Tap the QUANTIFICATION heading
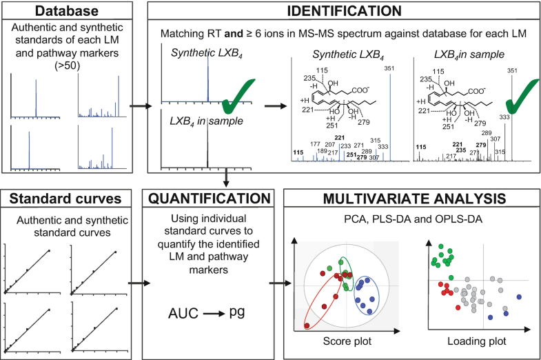[x=212, y=200]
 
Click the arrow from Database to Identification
[x=141, y=107]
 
